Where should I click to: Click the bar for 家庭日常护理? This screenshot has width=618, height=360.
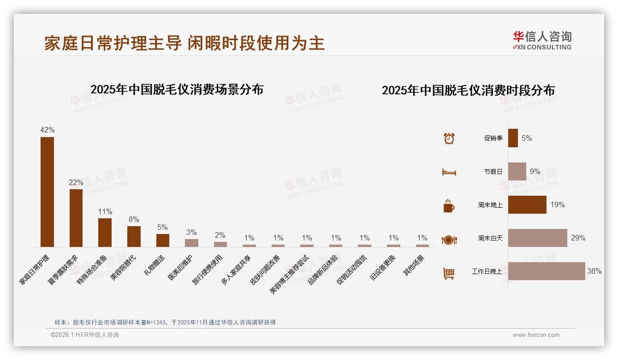click(47, 192)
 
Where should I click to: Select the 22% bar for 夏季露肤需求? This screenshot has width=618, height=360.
click(76, 218)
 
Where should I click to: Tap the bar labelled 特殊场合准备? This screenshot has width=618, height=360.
click(105, 232)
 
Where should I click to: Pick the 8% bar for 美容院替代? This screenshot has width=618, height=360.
click(134, 236)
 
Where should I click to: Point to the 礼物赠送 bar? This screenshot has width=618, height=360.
click(163, 240)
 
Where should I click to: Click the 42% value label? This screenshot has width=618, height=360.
click(47, 130)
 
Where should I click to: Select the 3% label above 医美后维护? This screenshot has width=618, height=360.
click(191, 232)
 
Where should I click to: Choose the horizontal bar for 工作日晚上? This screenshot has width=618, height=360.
click(547, 271)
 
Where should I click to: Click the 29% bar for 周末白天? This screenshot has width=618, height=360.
click(537, 238)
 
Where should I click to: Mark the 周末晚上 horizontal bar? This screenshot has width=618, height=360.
click(527, 205)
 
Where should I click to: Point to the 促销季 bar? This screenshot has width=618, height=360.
click(513, 138)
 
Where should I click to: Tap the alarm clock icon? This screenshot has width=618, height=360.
click(449, 138)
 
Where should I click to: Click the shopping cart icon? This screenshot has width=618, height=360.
click(449, 273)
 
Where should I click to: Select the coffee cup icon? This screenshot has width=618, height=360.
click(449, 206)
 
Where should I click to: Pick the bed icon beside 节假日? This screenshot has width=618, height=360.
click(449, 172)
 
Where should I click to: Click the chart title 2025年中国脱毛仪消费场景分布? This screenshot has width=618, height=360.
click(177, 89)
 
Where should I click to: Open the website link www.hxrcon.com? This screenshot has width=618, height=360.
click(536, 335)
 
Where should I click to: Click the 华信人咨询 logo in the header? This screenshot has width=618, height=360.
click(542, 40)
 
